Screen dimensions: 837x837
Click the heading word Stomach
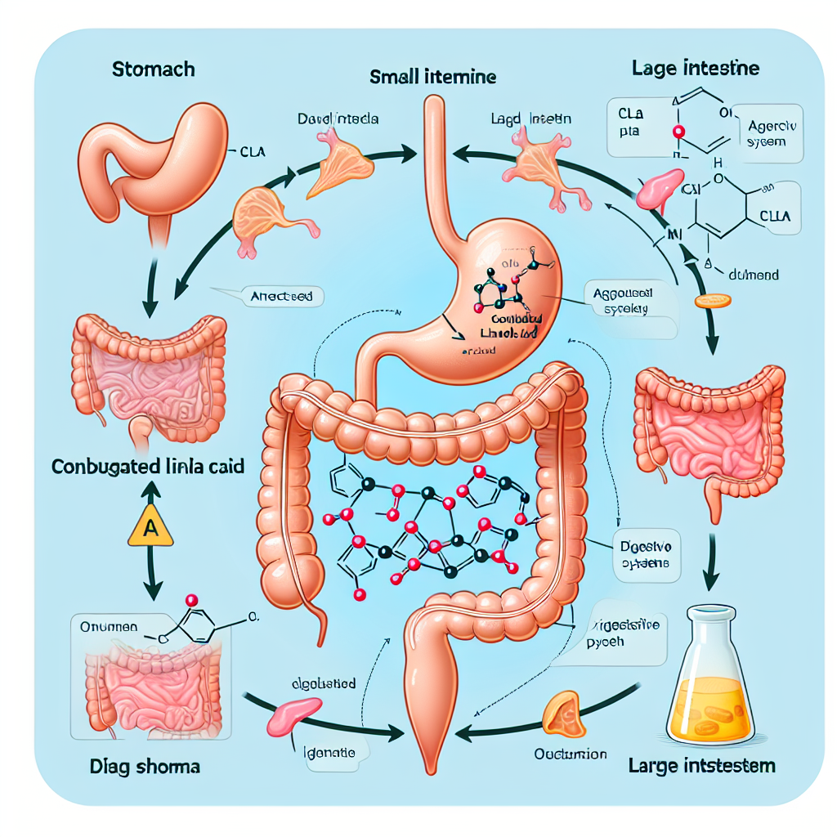(153, 68)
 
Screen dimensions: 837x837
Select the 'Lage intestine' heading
(696, 67)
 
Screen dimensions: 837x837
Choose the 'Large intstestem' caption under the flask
(703, 766)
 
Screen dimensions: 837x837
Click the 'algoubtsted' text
(323, 683)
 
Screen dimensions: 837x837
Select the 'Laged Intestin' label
(532, 119)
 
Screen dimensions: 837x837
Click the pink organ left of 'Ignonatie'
(285, 718)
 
